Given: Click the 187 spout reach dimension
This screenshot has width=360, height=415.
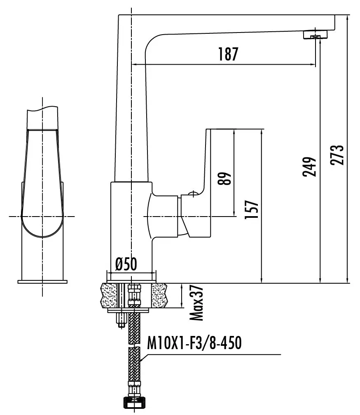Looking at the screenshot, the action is click(x=228, y=54).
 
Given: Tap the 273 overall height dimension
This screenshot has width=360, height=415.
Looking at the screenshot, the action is click(x=337, y=155).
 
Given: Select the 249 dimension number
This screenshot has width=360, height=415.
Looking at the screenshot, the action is click(x=309, y=167).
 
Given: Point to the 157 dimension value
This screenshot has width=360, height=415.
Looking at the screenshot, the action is click(x=251, y=209).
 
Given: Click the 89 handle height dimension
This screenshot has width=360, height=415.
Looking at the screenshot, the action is click(x=224, y=178).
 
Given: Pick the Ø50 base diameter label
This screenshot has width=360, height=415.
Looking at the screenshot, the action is click(x=126, y=264).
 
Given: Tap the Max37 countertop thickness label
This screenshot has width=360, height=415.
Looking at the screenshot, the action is click(x=196, y=303).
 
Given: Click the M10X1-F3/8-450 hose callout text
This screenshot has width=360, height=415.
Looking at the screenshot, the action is click(x=194, y=343).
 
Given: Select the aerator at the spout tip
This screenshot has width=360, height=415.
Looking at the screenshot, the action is click(x=315, y=35).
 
